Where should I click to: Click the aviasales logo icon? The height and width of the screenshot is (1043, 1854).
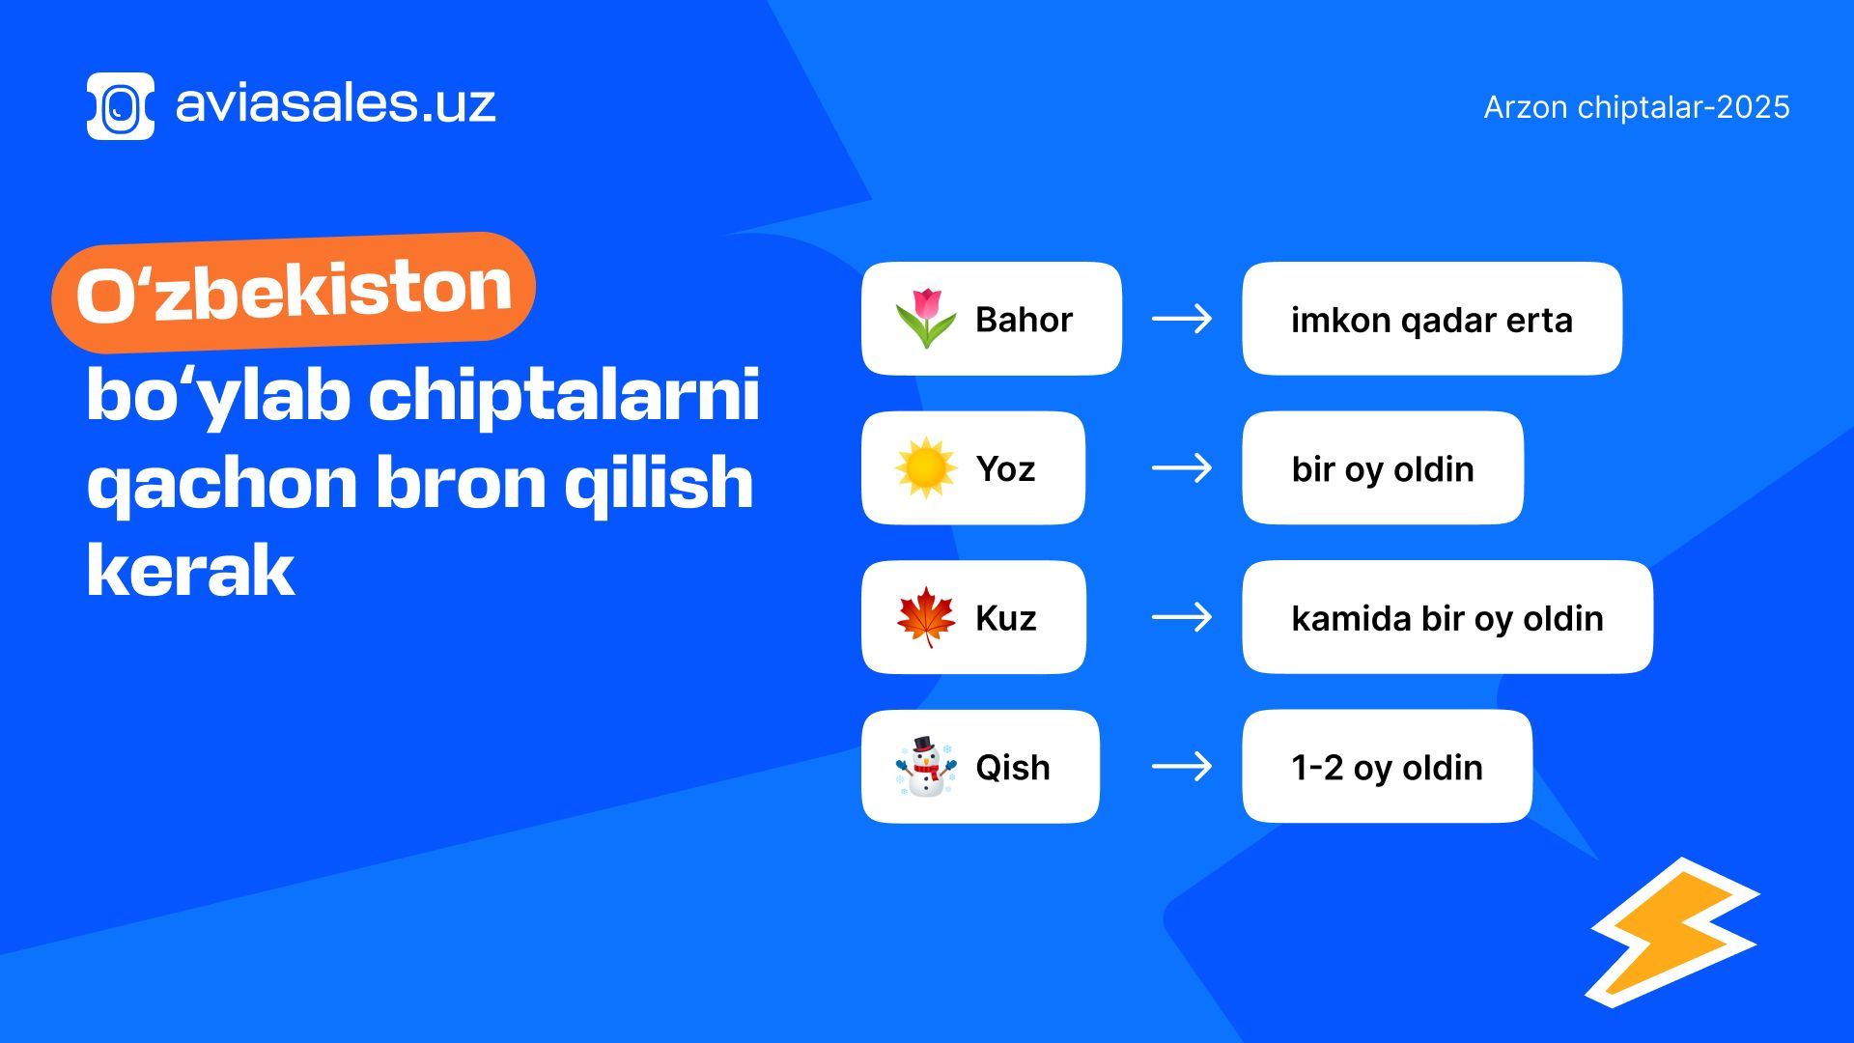[x=121, y=106]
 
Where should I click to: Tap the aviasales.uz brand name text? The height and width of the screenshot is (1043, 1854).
[x=335, y=103]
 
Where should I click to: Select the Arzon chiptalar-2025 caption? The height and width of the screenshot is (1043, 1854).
[x=1637, y=107]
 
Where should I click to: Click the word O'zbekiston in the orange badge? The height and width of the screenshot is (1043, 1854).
[x=294, y=292]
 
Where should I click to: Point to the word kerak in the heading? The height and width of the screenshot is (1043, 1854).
[x=190, y=571]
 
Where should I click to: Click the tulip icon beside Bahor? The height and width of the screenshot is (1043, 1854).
[x=925, y=318]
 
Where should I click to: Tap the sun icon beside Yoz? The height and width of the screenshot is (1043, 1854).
[x=925, y=467]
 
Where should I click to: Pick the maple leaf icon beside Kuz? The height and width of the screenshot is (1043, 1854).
[x=925, y=617]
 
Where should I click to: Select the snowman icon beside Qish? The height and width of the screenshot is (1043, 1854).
[x=925, y=766]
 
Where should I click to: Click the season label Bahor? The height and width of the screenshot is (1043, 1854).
[x=1024, y=320]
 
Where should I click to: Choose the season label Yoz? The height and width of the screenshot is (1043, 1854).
[x=1005, y=469]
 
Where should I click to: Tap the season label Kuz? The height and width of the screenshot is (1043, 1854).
[x=1005, y=618]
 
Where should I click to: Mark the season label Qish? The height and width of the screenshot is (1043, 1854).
[x=1012, y=768]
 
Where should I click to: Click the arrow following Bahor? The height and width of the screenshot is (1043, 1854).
[x=1182, y=319]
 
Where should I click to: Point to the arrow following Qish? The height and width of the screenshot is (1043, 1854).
[x=1182, y=767]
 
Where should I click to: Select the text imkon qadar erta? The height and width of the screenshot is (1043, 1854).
[x=1432, y=321]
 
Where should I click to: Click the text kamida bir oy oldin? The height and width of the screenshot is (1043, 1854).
[x=1447, y=619]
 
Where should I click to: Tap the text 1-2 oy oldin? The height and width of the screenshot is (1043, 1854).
[x=1387, y=768]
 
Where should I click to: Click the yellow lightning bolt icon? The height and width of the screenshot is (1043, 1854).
[x=1673, y=933]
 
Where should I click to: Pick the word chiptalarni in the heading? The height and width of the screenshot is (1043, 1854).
[x=564, y=395]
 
